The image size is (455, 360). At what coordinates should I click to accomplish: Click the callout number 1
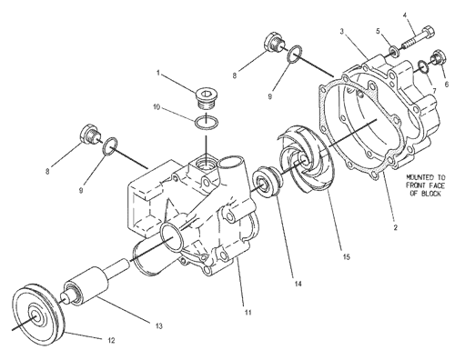158,73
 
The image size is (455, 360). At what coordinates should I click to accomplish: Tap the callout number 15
346,257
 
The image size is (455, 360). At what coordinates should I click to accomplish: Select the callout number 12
111,340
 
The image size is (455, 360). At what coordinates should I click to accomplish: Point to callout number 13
158,326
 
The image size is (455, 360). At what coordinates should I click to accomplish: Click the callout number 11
248,312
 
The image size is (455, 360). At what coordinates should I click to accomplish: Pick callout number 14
298,284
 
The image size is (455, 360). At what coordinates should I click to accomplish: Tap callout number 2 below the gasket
395,227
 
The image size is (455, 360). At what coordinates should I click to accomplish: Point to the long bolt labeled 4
419,38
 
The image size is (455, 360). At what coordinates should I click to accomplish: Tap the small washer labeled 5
394,52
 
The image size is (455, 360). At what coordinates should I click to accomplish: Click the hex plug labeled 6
439,56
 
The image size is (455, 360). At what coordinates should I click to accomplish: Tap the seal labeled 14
267,182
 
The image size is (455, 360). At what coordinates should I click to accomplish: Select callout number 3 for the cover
342,32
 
